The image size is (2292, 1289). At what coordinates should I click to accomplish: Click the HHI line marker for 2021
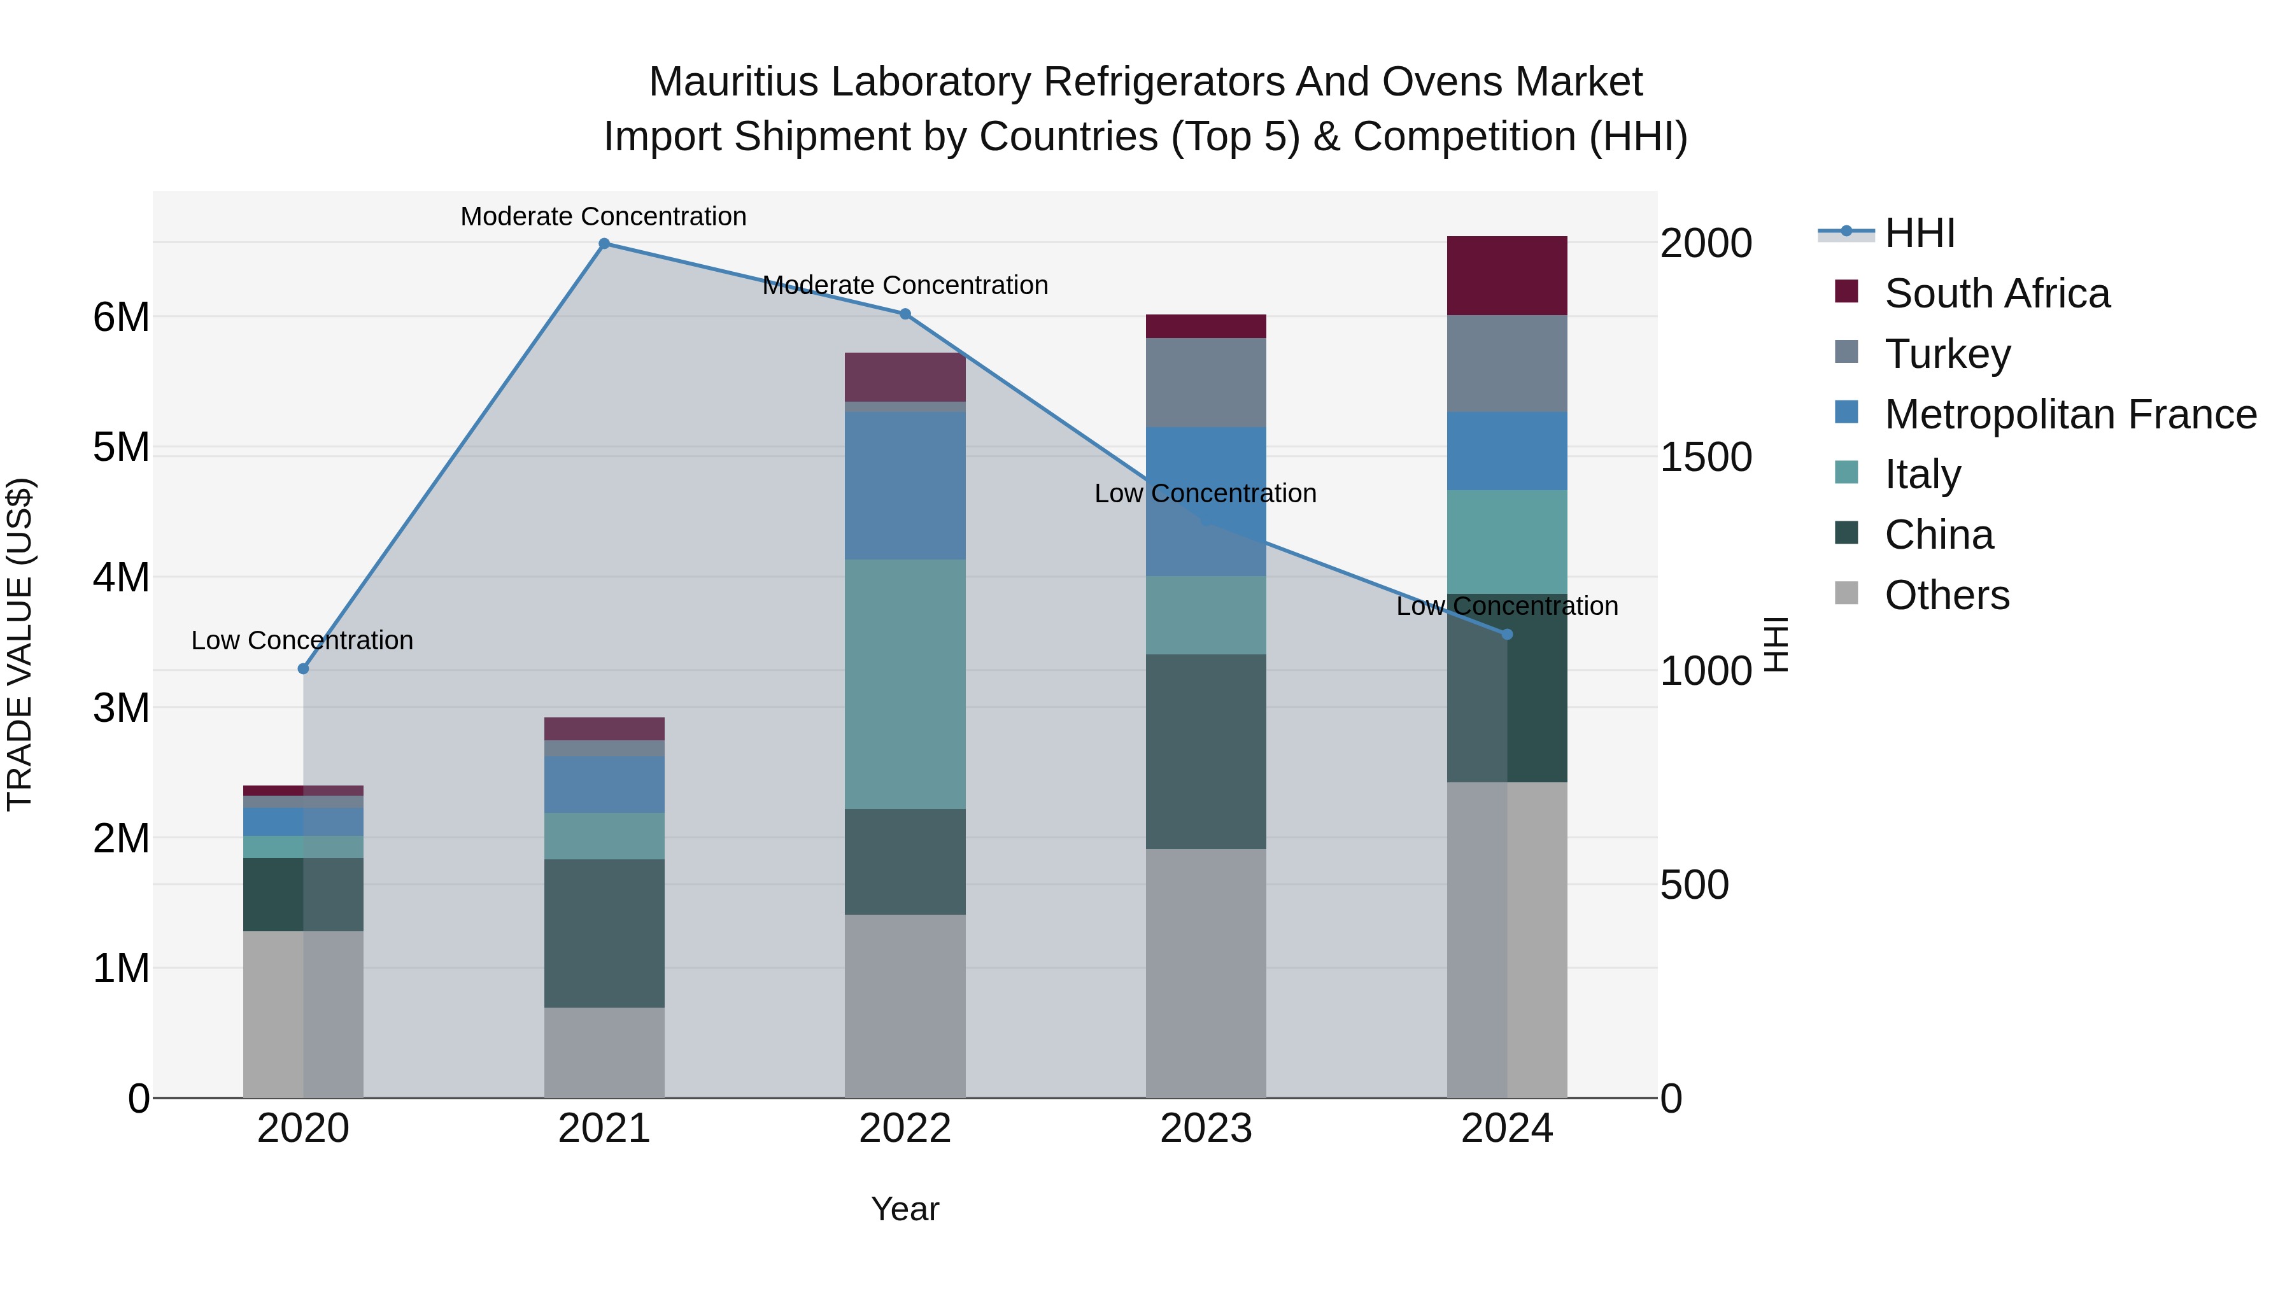604,244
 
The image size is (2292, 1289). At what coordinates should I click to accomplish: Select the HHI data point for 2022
905,314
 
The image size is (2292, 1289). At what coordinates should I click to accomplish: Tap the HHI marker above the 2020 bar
304,668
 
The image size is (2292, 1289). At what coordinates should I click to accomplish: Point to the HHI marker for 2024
1506,634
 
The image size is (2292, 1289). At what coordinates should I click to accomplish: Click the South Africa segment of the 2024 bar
1506,276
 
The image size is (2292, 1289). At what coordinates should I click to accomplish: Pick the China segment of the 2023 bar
1206,752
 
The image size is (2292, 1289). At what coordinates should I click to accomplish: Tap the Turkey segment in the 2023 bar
1206,383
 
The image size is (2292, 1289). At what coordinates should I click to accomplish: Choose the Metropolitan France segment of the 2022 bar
905,485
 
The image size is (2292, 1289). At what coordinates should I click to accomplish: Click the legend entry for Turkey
1947,354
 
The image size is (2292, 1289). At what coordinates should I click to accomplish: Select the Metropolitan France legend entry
2070,414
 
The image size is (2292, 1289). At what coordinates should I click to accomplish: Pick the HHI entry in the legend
1919,233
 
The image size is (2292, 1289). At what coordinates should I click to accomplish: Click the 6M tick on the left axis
121,318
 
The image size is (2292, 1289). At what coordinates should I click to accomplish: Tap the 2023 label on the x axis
1206,1129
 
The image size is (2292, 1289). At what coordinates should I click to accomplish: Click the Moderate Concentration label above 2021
604,216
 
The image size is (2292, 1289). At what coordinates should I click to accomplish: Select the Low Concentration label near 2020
302,640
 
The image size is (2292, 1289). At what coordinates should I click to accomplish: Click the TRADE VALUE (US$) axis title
20,644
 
